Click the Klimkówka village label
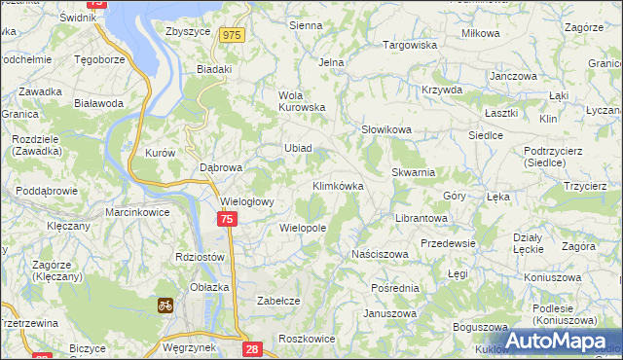tap(338, 185)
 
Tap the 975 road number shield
tap(231, 35)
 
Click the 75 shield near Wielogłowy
tap(226, 221)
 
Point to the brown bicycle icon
tap(165, 305)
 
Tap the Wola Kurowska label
tap(301, 101)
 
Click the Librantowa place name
tap(420, 218)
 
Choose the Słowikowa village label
tap(386, 129)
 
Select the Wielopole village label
tap(302, 228)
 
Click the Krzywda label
tap(442, 90)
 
